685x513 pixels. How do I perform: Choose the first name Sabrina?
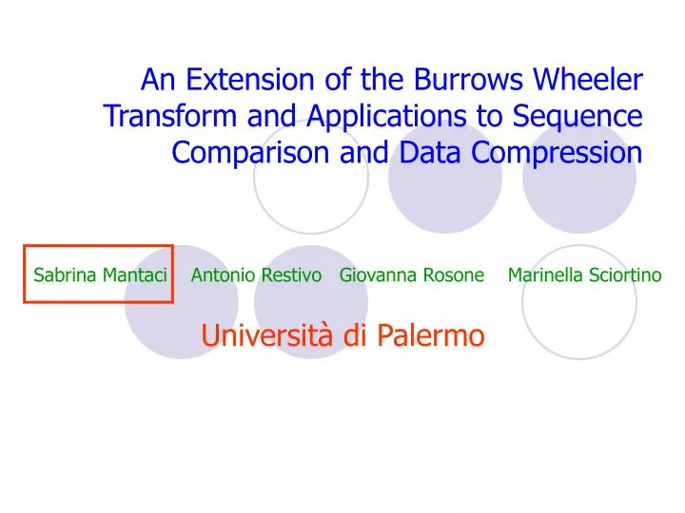(65, 275)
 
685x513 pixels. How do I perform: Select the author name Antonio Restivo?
(256, 275)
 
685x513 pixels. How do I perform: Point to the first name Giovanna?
(375, 275)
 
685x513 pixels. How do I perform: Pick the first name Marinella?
(544, 275)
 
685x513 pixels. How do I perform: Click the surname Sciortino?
(624, 275)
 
